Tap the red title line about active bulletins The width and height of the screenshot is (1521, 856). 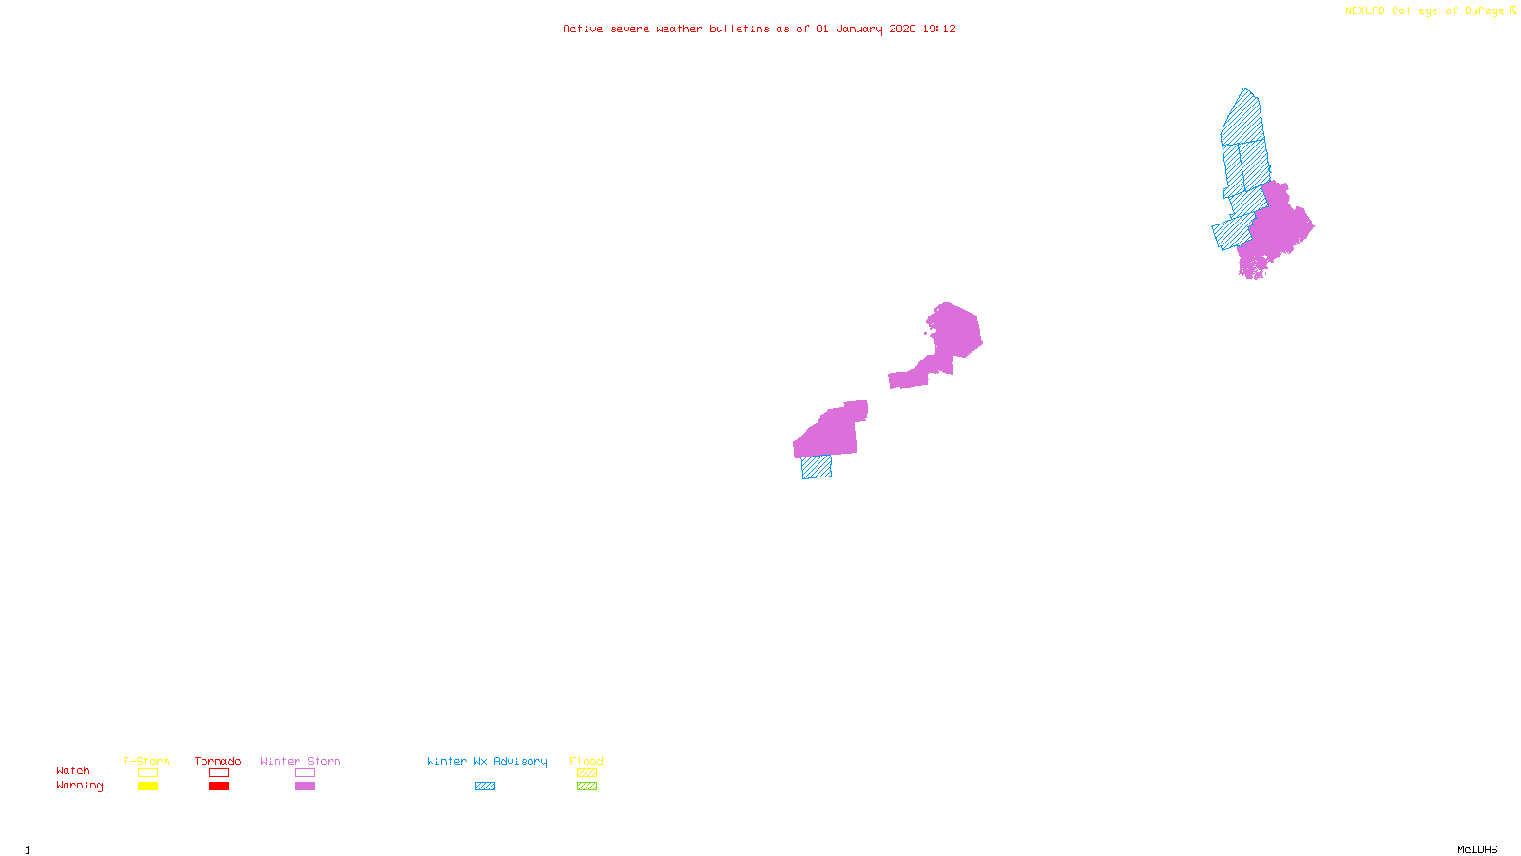point(759,29)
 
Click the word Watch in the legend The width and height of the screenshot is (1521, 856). point(73,771)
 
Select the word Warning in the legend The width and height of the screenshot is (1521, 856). point(79,786)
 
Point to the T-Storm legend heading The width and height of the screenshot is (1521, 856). point(146,761)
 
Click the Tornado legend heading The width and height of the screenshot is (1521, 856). point(218,761)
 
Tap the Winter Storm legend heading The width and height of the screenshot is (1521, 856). point(300,761)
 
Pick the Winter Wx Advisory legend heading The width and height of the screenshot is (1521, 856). point(487,761)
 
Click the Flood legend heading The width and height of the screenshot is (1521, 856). point(587,761)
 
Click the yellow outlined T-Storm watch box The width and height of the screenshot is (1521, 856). point(147,773)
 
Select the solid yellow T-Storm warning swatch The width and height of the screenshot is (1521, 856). point(147,787)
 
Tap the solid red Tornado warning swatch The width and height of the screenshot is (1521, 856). point(219,787)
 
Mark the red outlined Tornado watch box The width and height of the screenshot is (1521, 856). point(219,773)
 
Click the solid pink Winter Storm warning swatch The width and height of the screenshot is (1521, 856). point(304,787)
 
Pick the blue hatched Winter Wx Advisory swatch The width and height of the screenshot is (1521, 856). point(485,787)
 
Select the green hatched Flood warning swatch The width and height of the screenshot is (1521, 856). point(587,787)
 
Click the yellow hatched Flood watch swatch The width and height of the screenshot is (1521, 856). point(587,773)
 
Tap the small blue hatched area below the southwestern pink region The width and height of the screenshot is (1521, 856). point(817,467)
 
